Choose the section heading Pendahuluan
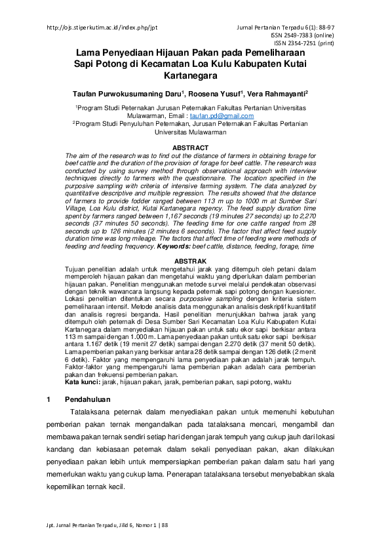pyautogui.click(x=88, y=399)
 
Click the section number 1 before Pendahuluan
pyautogui.click(x=49, y=399)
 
